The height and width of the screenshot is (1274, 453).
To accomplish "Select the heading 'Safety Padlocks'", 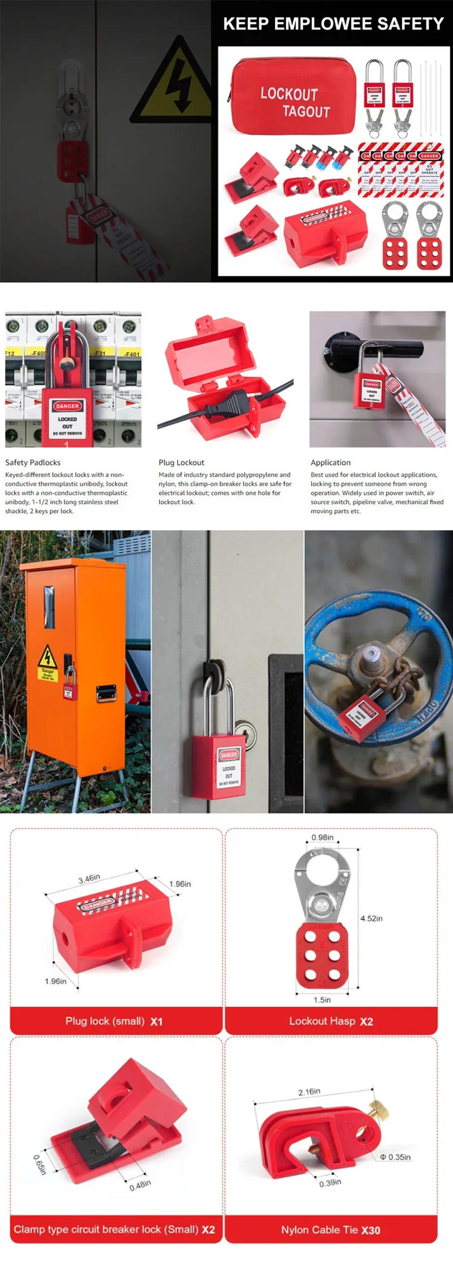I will pyautogui.click(x=33, y=462).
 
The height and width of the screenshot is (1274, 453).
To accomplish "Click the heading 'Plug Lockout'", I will pyautogui.click(x=181, y=462).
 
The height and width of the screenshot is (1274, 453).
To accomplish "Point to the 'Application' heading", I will pyautogui.click(x=330, y=462).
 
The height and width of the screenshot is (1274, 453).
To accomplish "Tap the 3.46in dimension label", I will pyautogui.click(x=89, y=879).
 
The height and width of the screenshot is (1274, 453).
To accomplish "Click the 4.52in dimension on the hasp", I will pyautogui.click(x=371, y=918).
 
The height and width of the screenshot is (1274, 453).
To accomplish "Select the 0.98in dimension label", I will pyautogui.click(x=322, y=837).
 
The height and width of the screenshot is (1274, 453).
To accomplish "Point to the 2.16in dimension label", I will pyautogui.click(x=309, y=1091).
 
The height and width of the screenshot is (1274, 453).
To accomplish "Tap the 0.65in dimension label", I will pyautogui.click(x=39, y=1164).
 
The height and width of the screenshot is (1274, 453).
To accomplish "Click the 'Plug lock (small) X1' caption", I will pyautogui.click(x=114, y=1021).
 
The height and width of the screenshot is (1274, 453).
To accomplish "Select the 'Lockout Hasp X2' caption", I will pyautogui.click(x=331, y=1021).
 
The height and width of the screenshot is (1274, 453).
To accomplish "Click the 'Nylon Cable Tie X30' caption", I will pyautogui.click(x=331, y=1229).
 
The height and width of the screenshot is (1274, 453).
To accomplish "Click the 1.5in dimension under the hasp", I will pyautogui.click(x=322, y=1000).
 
